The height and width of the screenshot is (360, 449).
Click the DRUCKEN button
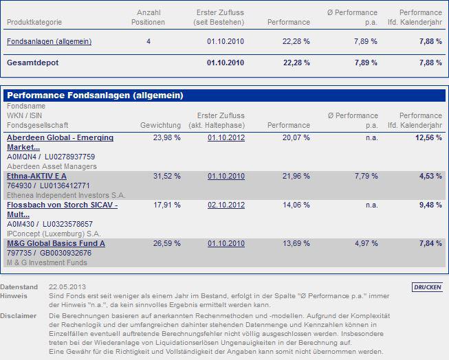tap(428, 287)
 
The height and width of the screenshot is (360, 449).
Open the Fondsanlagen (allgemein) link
tap(49, 42)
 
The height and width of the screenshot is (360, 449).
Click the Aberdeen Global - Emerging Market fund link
tap(60, 142)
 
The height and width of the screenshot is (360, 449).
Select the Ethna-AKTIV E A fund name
tap(36, 177)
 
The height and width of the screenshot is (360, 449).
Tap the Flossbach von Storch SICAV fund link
tap(62, 210)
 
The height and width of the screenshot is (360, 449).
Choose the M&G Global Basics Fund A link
tap(56, 243)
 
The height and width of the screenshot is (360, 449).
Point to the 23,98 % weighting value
tap(167, 138)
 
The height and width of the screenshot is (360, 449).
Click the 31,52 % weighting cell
tap(167, 177)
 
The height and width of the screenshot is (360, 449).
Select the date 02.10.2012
tap(226, 205)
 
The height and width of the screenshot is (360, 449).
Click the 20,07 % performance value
tap(296, 138)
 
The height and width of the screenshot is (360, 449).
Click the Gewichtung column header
tap(160, 126)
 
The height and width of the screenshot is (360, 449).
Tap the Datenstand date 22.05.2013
tap(67, 286)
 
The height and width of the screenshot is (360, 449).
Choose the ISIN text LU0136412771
tap(65, 185)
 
